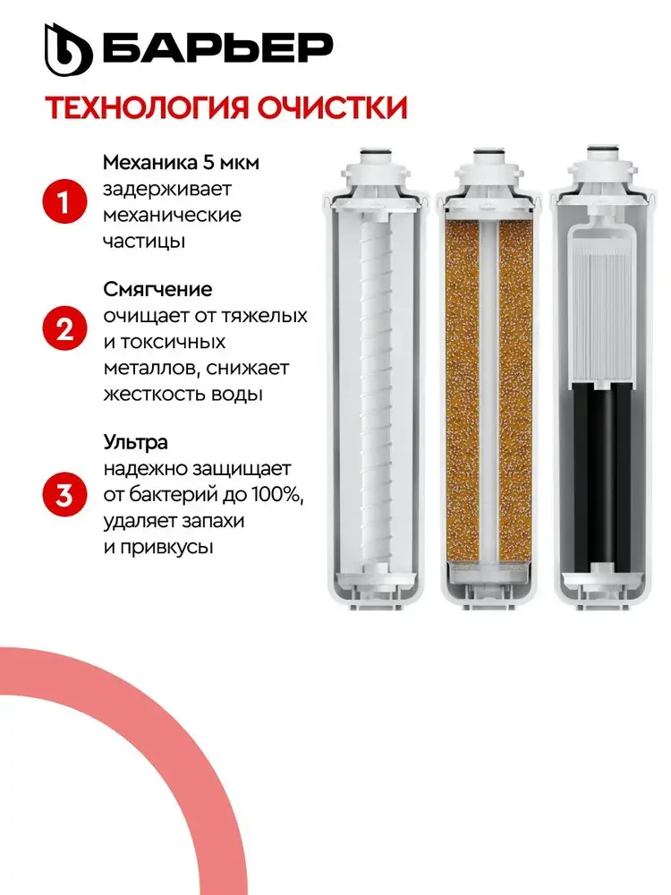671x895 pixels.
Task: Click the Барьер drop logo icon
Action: tap(68, 50)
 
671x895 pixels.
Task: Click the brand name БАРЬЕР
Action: tap(217, 48)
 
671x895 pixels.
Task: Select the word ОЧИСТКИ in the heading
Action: tap(332, 108)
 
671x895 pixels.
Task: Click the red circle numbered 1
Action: tap(65, 202)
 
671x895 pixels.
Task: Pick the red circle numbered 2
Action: tap(65, 329)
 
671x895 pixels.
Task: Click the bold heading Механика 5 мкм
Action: tap(181, 163)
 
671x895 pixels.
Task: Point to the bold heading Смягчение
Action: tap(157, 289)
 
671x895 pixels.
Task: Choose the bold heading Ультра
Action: tap(135, 442)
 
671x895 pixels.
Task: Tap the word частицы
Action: tap(144, 241)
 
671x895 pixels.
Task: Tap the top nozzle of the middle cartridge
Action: tap(489, 156)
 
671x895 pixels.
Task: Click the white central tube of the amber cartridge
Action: tap(489, 394)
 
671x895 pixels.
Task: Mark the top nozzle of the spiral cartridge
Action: tap(377, 156)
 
